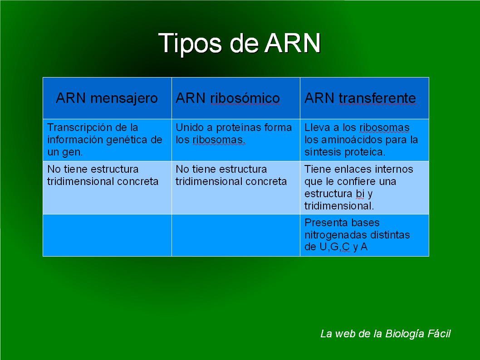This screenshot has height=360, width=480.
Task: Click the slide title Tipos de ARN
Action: pyautogui.click(x=240, y=43)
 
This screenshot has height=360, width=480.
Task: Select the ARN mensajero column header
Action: pyautogui.click(x=107, y=98)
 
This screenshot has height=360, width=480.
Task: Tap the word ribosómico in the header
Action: pyautogui.click(x=245, y=98)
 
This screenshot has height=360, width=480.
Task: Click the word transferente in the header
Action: pyautogui.click(x=377, y=98)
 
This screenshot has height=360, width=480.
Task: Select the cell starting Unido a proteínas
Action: pyautogui.click(x=235, y=140)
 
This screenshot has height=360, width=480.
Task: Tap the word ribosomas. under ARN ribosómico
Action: pyautogui.click(x=219, y=140)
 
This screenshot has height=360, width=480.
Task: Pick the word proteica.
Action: pyautogui.click(x=364, y=152)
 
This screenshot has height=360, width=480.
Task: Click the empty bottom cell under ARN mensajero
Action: pyautogui.click(x=107, y=235)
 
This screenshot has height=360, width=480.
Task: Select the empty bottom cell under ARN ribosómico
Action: pyautogui.click(x=235, y=235)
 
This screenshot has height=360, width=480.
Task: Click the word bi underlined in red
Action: pyautogui.click(x=360, y=194)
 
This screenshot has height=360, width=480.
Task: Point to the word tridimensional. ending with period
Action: pyautogui.click(x=339, y=206)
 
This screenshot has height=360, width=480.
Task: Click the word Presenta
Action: pyautogui.click(x=323, y=223)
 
